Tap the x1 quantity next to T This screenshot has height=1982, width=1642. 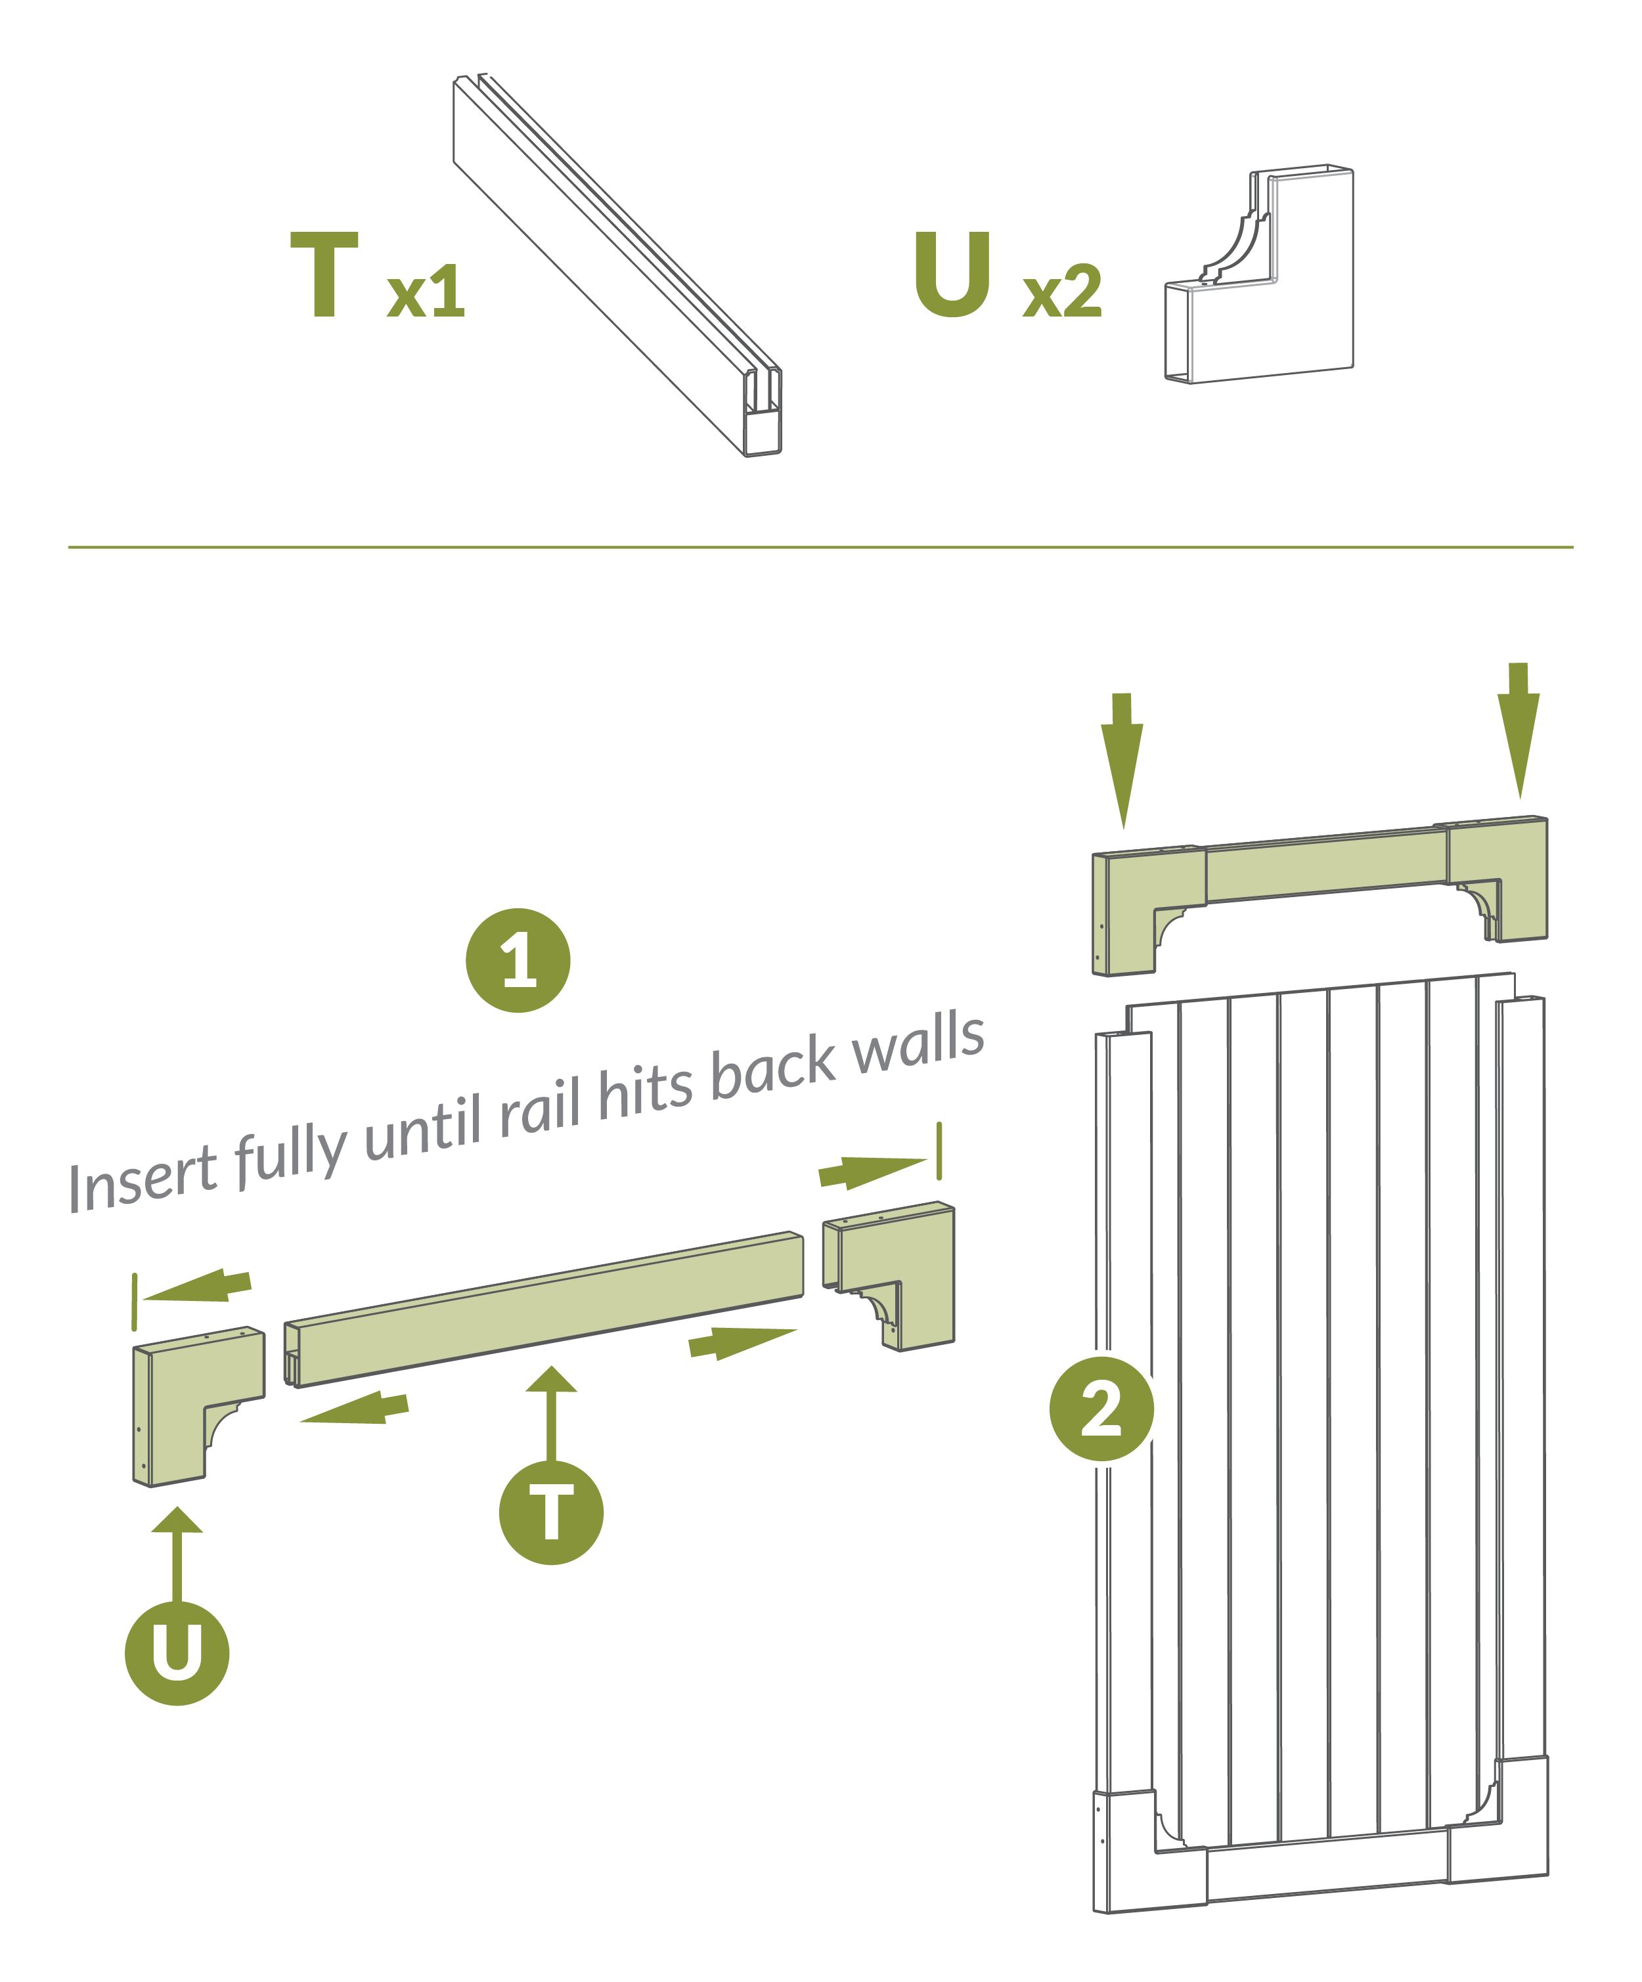(x=426, y=291)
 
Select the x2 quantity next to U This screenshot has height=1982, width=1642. (x=1061, y=291)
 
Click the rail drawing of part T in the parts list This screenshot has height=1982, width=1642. (x=618, y=264)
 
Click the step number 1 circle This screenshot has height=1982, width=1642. (x=518, y=960)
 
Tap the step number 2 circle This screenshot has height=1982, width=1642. (x=1101, y=1409)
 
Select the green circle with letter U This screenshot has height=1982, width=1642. (x=177, y=1652)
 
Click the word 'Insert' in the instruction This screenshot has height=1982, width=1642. (x=143, y=1181)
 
